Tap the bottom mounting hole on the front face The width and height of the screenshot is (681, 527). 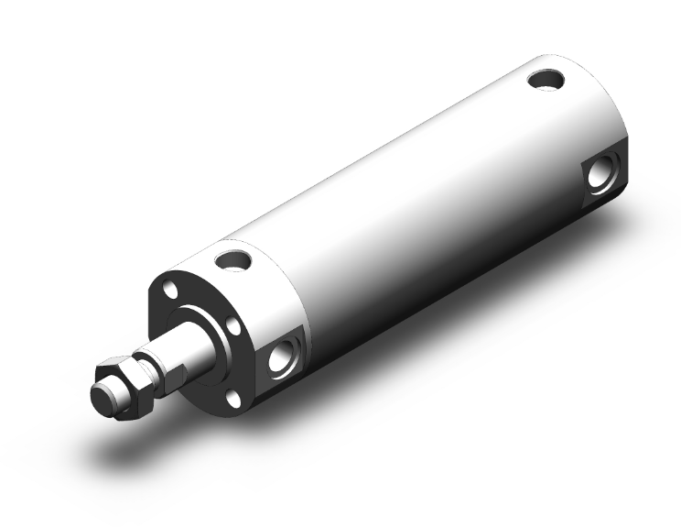point(234,396)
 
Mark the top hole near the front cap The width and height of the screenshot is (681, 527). point(232,260)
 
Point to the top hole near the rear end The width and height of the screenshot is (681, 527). point(547,80)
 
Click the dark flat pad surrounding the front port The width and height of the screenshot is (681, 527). point(279,371)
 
